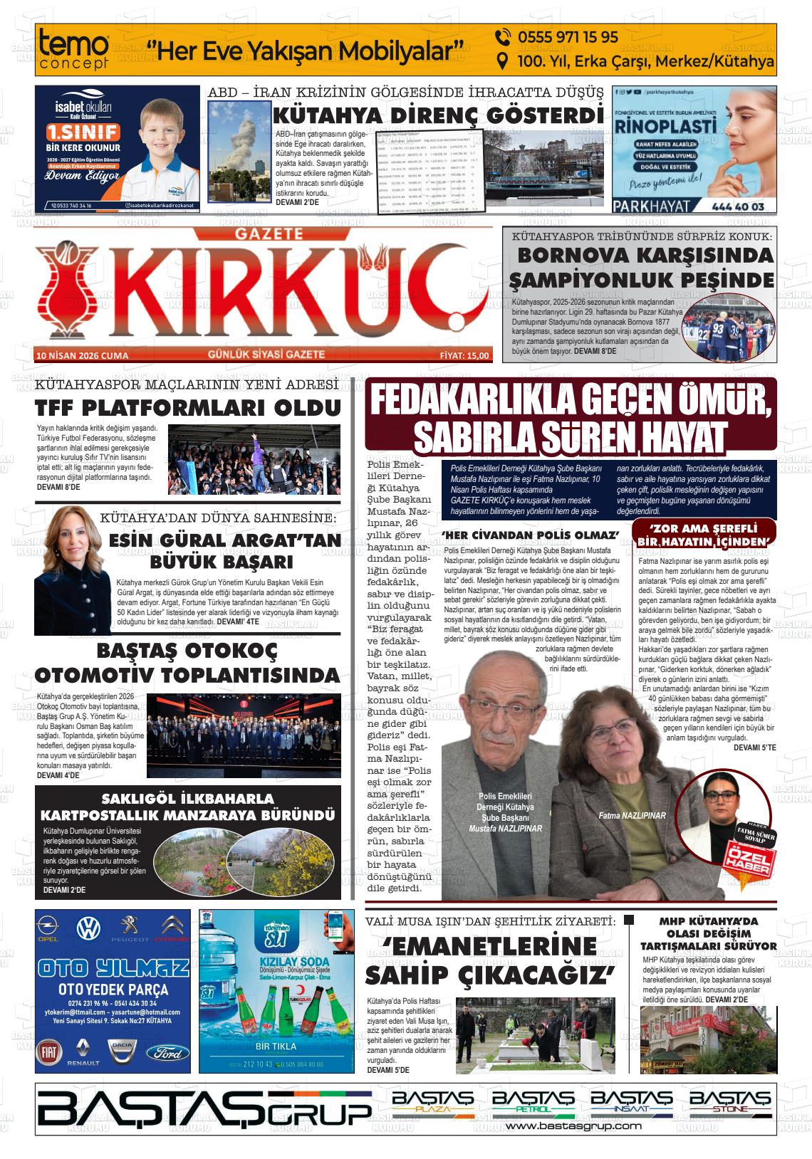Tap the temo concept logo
tap(74, 50)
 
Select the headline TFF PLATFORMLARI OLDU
tap(188, 408)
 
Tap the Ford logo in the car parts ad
tap(168, 1053)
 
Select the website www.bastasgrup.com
tap(573, 1126)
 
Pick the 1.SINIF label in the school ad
tap(83, 132)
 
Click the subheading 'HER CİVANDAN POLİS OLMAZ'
tap(530, 535)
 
